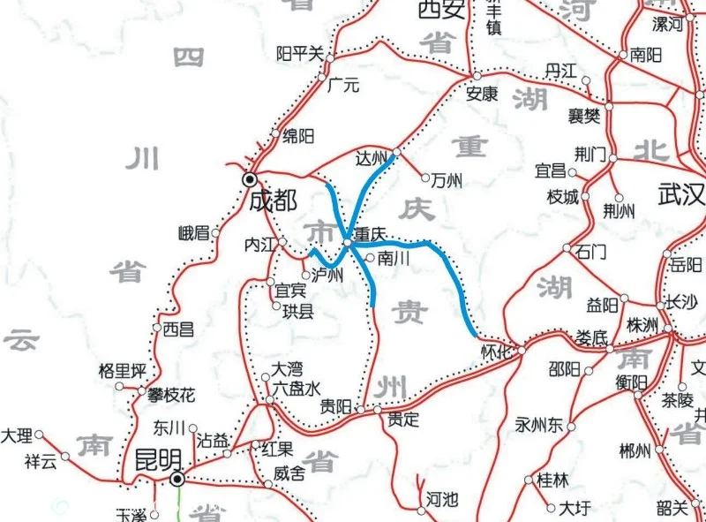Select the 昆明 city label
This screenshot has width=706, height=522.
click(x=158, y=459)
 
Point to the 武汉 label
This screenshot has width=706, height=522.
click(x=681, y=193)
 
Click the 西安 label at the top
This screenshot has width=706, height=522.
click(x=440, y=10)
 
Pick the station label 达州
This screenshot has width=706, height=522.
click(x=372, y=159)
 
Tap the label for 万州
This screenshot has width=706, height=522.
click(x=447, y=180)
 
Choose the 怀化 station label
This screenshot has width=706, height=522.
click(x=496, y=351)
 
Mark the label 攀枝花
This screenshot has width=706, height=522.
click(x=171, y=394)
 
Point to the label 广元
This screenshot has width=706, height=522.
click(x=343, y=86)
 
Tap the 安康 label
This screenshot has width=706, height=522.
click(x=483, y=92)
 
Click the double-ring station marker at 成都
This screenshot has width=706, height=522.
click(x=250, y=179)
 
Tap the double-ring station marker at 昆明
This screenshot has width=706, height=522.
click(x=178, y=480)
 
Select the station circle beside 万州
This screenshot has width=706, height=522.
click(x=425, y=178)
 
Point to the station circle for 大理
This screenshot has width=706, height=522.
click(x=39, y=435)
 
